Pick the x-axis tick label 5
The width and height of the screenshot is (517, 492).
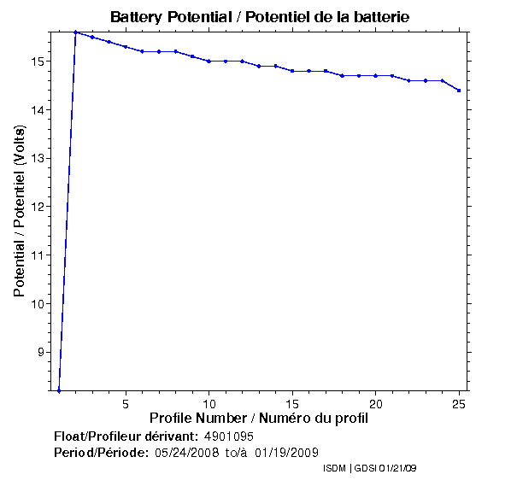click(x=126, y=403)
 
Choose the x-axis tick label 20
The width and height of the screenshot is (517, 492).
click(x=375, y=403)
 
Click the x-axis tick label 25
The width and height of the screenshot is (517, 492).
click(x=459, y=403)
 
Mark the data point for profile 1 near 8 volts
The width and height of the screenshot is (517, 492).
click(x=59, y=390)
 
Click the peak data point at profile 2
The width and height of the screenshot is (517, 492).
click(x=75, y=32)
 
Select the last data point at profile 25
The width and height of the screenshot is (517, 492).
click(x=459, y=91)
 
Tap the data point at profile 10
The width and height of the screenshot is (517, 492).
click(x=209, y=61)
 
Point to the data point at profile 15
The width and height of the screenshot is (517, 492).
click(x=292, y=71)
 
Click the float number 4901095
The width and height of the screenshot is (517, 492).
click(x=229, y=436)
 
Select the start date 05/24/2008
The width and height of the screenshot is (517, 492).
click(x=187, y=452)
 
